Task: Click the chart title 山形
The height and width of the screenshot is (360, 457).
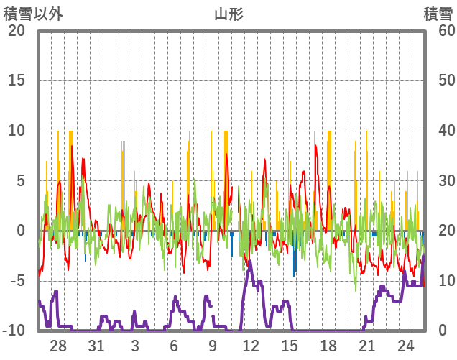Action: pyautogui.click(x=228, y=14)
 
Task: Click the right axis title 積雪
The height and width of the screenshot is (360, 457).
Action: pyautogui.click(x=437, y=14)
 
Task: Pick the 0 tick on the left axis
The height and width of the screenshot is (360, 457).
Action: pyautogui.click(x=20, y=231)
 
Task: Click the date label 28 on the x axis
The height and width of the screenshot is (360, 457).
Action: pyautogui.click(x=58, y=346)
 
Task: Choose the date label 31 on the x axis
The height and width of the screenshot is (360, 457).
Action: pyautogui.click(x=96, y=346)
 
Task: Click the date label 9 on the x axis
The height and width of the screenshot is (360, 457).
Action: pyautogui.click(x=213, y=346)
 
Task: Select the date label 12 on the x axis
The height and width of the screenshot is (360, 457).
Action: pyautogui.click(x=251, y=346)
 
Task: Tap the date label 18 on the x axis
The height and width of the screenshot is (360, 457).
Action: pyautogui.click(x=328, y=346)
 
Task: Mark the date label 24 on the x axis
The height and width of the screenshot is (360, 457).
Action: pyautogui.click(x=405, y=346)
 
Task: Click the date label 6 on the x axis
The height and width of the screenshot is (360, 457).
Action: pyautogui.click(x=174, y=346)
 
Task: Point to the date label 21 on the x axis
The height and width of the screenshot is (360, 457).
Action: pyautogui.click(x=366, y=346)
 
